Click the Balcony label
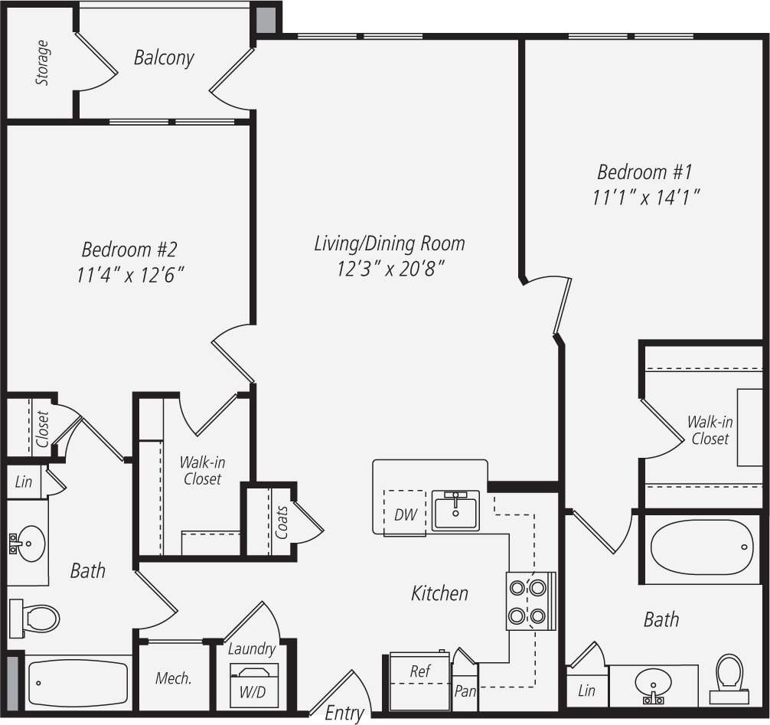coord(164,57)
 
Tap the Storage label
coord(43,63)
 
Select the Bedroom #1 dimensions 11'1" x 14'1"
coord(648,198)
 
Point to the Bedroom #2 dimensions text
coord(130,275)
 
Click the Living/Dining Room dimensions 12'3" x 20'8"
coord(390,269)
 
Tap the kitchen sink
coord(456,511)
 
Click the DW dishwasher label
coord(406,514)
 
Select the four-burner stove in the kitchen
coord(528,601)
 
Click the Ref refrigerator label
coord(420,671)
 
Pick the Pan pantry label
coord(465,691)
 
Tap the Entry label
coord(344,713)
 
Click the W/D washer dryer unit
coord(254,684)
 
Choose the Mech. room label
coord(173,678)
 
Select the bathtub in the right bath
coord(701,547)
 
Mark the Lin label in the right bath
coord(586,691)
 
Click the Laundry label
coord(252,649)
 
